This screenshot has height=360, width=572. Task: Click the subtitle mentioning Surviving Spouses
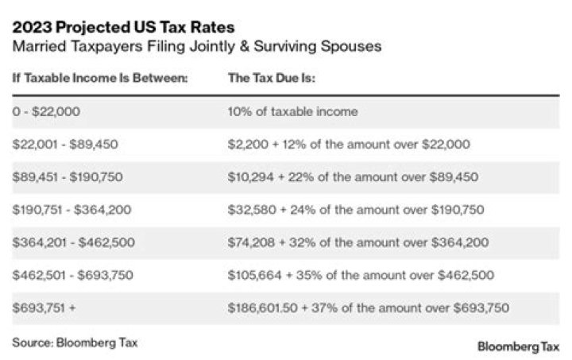[x=197, y=46]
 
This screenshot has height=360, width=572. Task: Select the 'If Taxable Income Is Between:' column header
[x=99, y=79]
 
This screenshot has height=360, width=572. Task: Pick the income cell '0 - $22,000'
[x=46, y=112]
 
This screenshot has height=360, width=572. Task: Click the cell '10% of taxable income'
[x=292, y=112]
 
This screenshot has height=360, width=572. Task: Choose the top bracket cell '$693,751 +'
[x=44, y=308]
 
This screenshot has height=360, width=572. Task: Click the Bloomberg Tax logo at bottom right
[x=518, y=346]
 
